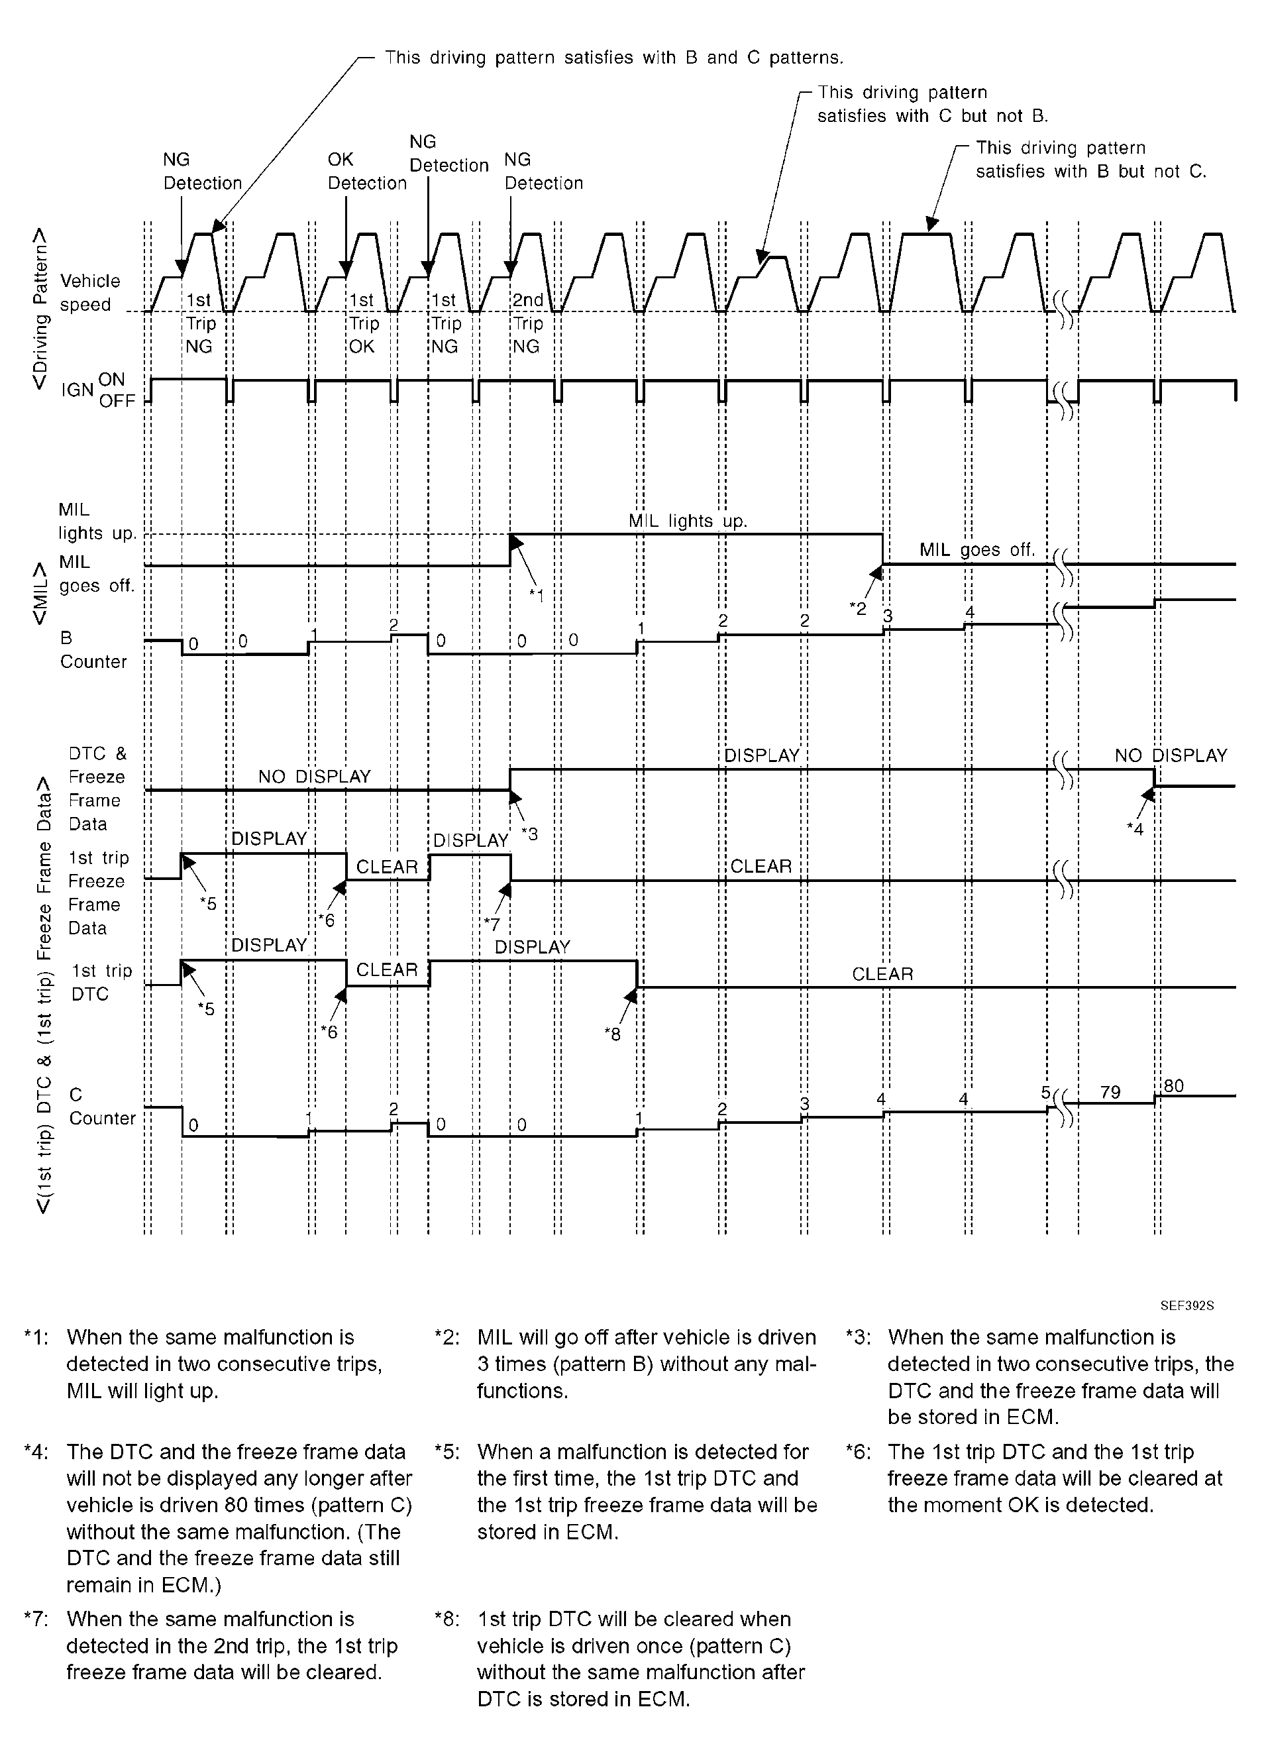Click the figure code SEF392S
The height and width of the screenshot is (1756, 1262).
(x=1187, y=1305)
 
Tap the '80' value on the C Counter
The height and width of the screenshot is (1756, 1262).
(x=1174, y=1085)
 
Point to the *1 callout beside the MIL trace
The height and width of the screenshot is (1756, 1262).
(x=536, y=594)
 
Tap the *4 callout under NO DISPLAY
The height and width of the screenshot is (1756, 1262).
(x=1134, y=828)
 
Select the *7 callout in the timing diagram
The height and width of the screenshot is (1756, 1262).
(x=492, y=924)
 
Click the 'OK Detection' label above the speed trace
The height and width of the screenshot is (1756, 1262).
(x=366, y=171)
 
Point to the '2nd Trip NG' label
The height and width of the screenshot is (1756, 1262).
(x=528, y=323)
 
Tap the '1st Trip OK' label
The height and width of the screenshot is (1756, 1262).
(x=362, y=323)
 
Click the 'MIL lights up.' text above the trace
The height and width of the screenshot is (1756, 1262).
(x=688, y=521)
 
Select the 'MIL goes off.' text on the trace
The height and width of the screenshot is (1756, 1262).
(x=977, y=550)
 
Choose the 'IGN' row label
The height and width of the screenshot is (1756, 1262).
(x=78, y=390)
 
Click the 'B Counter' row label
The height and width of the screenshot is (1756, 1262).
(x=93, y=649)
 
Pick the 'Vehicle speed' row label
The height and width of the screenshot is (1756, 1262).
(x=90, y=293)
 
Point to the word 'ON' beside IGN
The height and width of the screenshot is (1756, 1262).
(x=111, y=380)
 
